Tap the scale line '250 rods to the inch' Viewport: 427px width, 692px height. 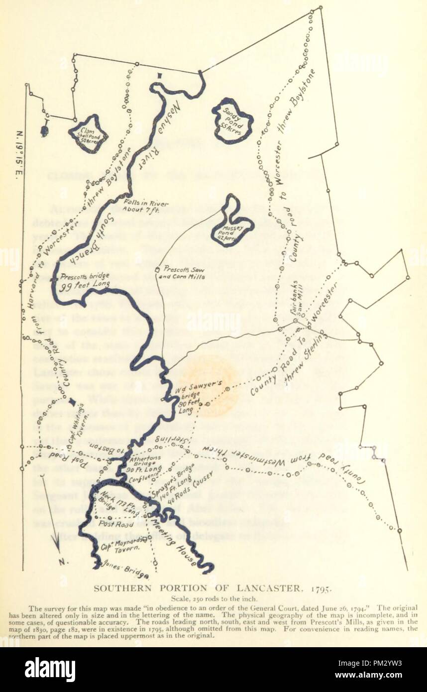(213, 599)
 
